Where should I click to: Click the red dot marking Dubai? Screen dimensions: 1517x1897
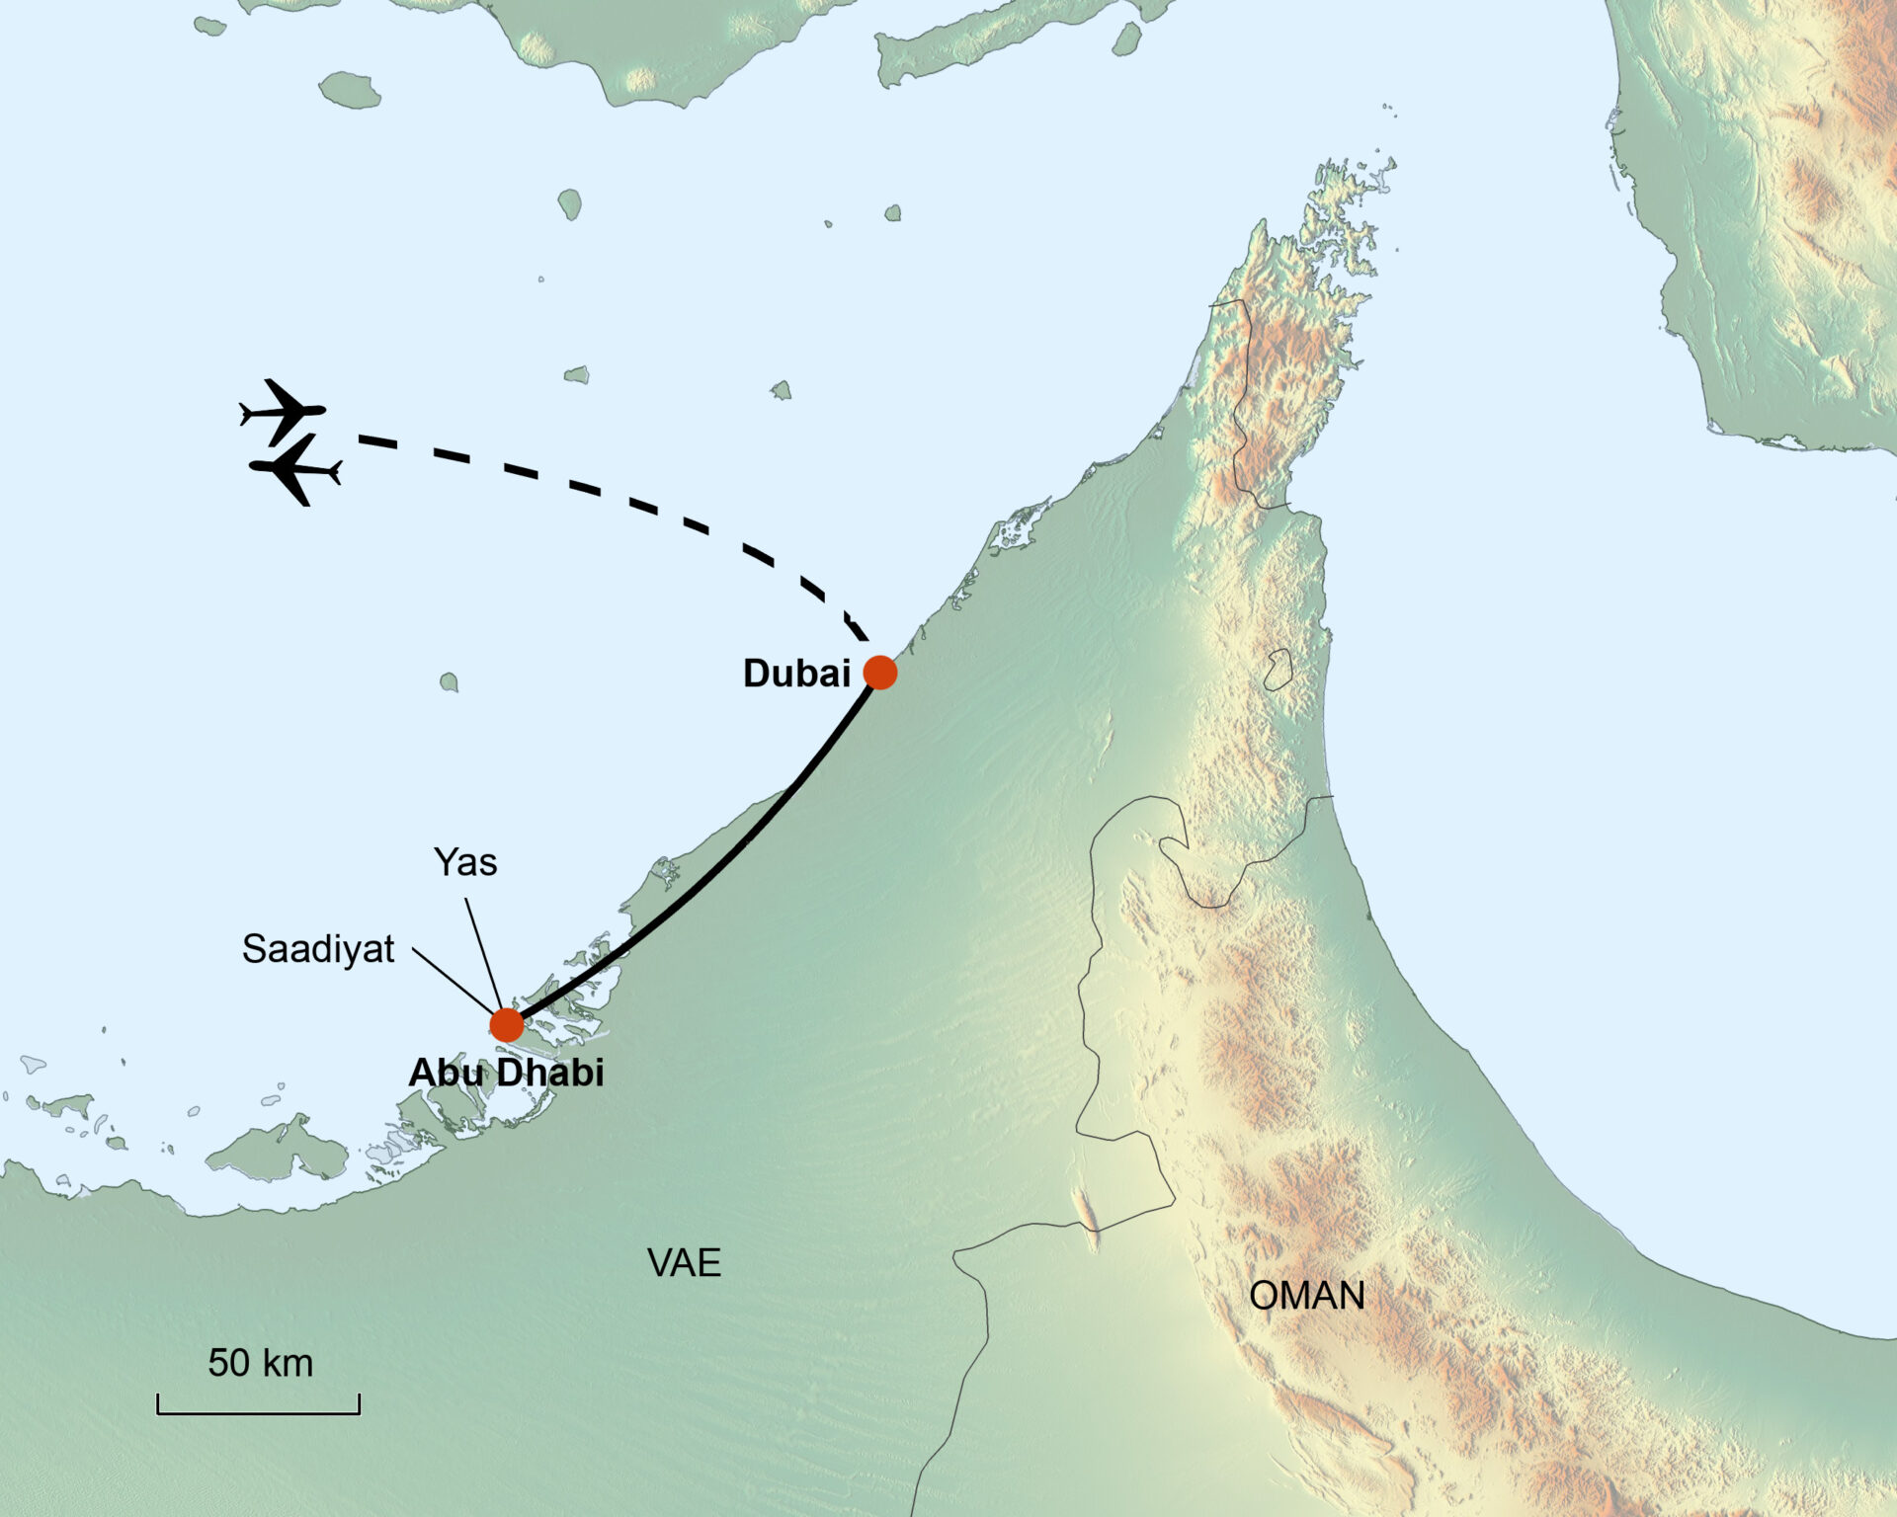pos(879,673)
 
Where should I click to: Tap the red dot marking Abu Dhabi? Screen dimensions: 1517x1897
pos(507,1025)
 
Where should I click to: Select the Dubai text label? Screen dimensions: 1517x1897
pos(796,674)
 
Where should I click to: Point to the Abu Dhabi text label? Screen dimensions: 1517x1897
pos(506,1073)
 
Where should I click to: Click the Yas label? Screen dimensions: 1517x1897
pos(465,862)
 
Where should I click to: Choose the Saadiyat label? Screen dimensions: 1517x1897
pos(318,949)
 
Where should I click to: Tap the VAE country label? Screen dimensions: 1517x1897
pos(684,1263)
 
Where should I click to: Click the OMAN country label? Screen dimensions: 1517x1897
pos(1306,1296)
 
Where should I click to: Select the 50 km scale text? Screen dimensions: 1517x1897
pos(260,1363)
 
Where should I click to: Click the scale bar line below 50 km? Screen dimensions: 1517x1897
pos(258,1412)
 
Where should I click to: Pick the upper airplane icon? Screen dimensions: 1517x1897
pos(284,410)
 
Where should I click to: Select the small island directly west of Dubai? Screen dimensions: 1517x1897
pos(449,681)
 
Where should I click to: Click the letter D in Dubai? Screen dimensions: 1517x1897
pos(756,674)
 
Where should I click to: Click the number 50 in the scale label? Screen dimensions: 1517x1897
pos(228,1363)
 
